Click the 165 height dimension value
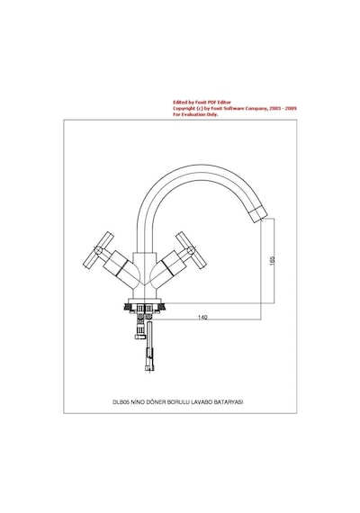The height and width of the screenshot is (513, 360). [x=273, y=260]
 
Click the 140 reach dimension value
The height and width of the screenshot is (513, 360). [x=202, y=317]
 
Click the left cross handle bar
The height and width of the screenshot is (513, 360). [x=98, y=250]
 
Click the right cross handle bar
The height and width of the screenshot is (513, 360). [x=191, y=250]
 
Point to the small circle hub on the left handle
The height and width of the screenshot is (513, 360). [x=98, y=250]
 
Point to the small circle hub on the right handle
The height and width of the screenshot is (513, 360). [x=191, y=250]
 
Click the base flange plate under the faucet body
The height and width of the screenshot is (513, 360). [x=145, y=301]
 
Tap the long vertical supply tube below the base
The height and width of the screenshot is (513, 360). [x=149, y=346]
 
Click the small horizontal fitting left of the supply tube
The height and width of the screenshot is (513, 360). [x=140, y=337]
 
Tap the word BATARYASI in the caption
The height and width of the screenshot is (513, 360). [x=229, y=402]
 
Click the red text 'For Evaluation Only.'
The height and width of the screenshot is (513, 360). [x=195, y=114]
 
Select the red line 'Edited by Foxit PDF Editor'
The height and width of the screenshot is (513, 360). [x=202, y=103]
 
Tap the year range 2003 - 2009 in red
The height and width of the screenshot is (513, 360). [x=283, y=108]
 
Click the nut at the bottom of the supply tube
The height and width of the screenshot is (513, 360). [x=149, y=368]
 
